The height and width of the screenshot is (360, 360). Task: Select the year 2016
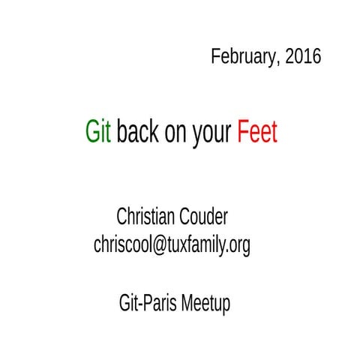(x=303, y=57)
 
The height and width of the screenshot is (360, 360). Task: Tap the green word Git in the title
(x=99, y=133)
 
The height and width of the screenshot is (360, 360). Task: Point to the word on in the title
(x=179, y=133)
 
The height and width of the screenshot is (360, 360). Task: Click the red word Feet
(x=257, y=133)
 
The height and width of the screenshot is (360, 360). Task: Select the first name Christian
(x=146, y=217)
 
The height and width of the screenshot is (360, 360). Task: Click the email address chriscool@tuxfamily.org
(x=172, y=245)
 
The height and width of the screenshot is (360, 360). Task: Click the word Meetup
(x=203, y=304)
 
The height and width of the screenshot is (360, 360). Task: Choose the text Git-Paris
(x=146, y=304)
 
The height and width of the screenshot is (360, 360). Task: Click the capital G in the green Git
(x=92, y=133)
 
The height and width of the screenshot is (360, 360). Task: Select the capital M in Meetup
(x=184, y=304)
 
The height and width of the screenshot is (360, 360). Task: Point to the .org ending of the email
(x=238, y=246)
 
